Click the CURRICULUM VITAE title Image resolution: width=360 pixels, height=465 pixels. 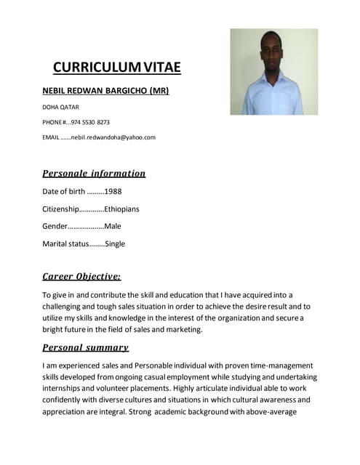point(116,68)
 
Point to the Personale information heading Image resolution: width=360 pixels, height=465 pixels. point(94,174)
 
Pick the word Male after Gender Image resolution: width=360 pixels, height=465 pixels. point(113,226)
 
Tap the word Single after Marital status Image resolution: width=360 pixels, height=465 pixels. point(115,243)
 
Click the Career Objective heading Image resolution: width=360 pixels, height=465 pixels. point(81,277)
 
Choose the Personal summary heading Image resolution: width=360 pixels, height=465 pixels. point(85,348)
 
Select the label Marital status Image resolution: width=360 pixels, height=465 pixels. point(65,243)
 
